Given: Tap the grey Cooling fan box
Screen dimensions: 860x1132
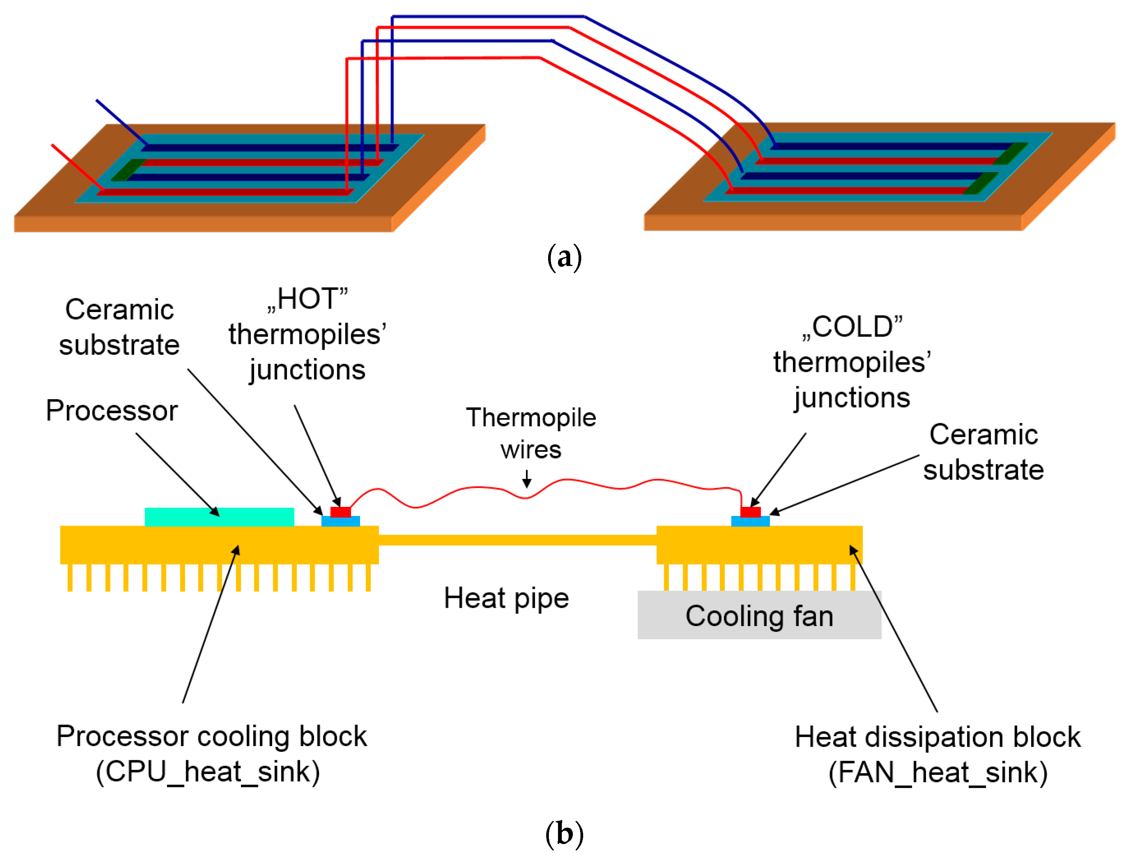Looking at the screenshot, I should point(759,615).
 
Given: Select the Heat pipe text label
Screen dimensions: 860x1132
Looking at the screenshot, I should point(506,598).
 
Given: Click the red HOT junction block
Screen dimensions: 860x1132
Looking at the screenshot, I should point(340,512).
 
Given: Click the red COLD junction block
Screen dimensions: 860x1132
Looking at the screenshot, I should point(751,512).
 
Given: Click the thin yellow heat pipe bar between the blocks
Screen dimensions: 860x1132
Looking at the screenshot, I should point(517,540).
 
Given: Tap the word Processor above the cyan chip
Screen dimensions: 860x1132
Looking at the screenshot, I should point(112,411).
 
